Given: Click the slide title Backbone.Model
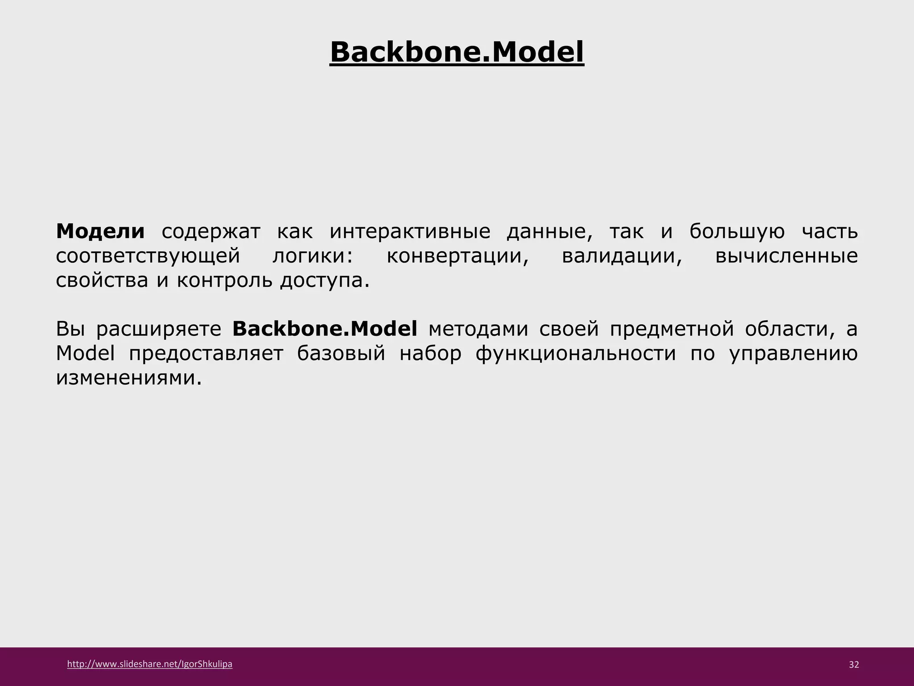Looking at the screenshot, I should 457,53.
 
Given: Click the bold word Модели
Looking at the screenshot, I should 100,231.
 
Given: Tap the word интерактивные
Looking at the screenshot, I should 410,231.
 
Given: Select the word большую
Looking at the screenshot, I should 737,231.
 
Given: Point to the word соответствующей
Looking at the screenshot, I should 148,256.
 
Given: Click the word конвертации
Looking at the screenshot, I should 457,256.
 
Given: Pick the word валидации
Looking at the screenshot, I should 622,256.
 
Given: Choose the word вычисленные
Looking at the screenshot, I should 786,256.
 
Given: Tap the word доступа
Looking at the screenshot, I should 324,281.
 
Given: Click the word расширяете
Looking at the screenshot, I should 158,329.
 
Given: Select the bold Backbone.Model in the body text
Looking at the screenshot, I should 325,329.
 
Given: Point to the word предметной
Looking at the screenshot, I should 672,329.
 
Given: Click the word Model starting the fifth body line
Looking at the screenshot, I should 85,354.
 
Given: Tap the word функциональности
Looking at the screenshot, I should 576,354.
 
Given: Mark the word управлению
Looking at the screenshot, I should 794,354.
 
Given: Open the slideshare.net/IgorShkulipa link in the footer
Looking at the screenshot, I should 150,664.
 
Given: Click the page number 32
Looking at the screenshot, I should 854,665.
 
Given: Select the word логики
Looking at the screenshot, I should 312,256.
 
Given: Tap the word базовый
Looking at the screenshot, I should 341,354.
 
